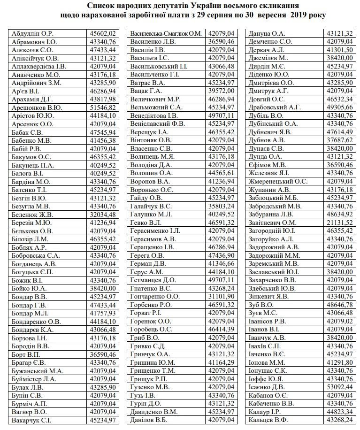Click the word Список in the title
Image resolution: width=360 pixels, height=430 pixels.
click(x=102, y=6)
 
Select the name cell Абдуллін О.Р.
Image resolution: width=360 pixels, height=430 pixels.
click(x=32, y=33)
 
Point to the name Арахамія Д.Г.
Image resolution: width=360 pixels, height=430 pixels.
click(x=33, y=99)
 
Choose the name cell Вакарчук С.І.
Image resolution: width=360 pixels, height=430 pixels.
click(x=32, y=420)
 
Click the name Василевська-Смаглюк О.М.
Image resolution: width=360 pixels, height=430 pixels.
click(x=166, y=33)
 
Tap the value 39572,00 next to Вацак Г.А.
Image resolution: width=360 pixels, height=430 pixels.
click(x=221, y=91)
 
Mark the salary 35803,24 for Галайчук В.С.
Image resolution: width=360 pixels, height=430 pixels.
click(x=221, y=206)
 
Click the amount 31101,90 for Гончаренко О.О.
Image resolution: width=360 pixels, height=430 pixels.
click(x=221, y=297)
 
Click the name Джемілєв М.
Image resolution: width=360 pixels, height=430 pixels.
click(x=269, y=58)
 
